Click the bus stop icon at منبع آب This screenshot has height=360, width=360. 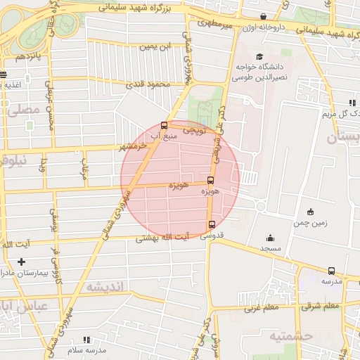click(164, 126)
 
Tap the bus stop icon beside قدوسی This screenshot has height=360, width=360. click(211, 224)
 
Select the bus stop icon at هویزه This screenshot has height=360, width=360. click(210, 180)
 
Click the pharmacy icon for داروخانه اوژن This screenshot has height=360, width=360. click(262, 16)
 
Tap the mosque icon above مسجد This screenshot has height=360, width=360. click(270, 238)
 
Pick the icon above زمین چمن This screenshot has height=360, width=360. click(311, 212)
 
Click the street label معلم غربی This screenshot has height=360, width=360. click(262, 307)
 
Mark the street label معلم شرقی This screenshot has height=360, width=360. click(320, 307)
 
